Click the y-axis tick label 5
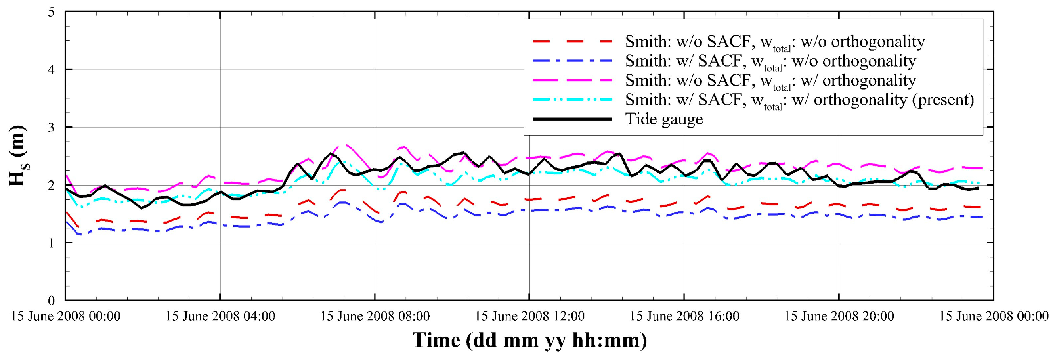click(51, 12)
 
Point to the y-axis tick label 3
click(51, 127)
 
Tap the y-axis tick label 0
click(51, 301)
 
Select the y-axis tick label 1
click(51, 243)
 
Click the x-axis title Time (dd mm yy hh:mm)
click(529, 340)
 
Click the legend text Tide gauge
click(664, 119)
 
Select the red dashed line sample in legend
click(572, 42)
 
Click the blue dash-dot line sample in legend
click(572, 61)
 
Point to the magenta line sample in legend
click(572, 80)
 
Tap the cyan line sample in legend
click(572, 100)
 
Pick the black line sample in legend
click(572, 119)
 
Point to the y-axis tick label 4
click(51, 70)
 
